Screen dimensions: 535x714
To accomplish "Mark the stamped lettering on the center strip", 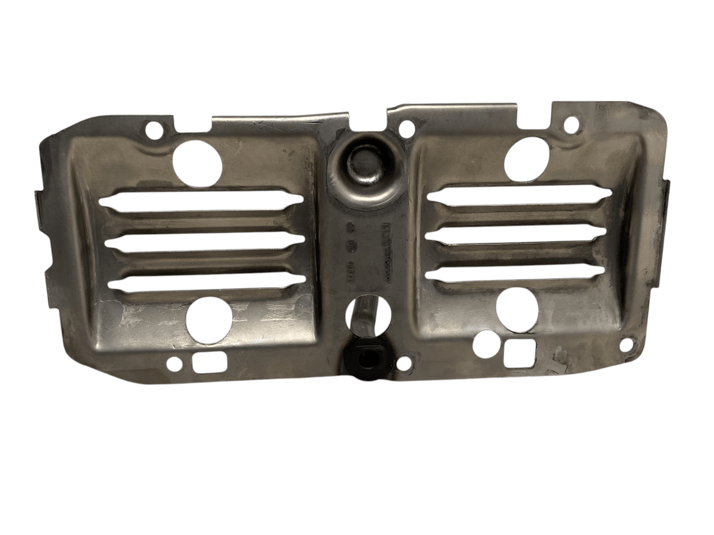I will click(x=367, y=253).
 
